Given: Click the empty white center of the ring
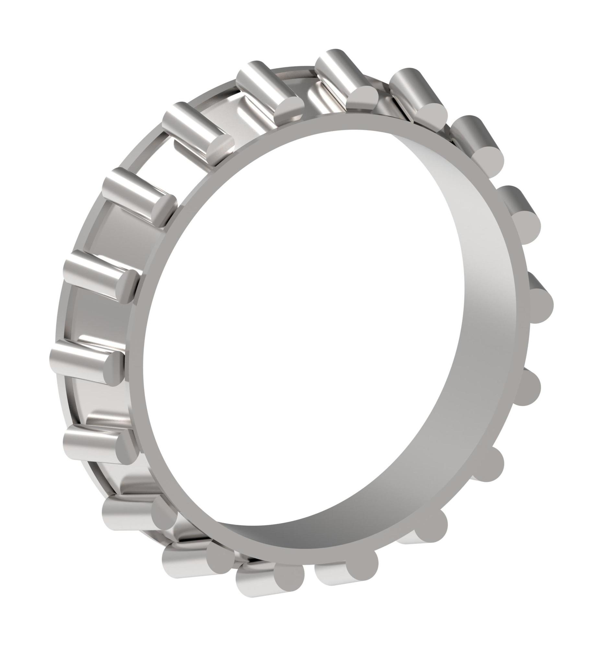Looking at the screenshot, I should pos(293,325).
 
